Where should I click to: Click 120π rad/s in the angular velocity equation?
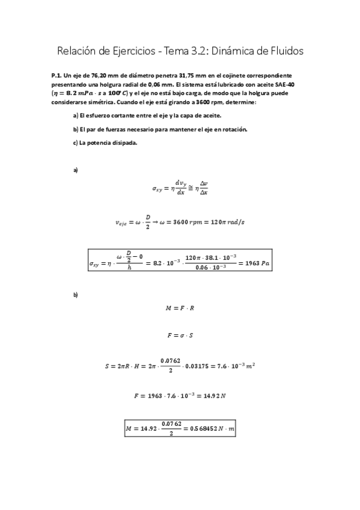tap(224, 223)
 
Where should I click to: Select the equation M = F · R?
tap(180, 308)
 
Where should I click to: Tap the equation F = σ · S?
tap(180, 334)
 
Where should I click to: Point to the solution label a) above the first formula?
tap(76, 170)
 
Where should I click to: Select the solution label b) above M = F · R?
tap(76, 295)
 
